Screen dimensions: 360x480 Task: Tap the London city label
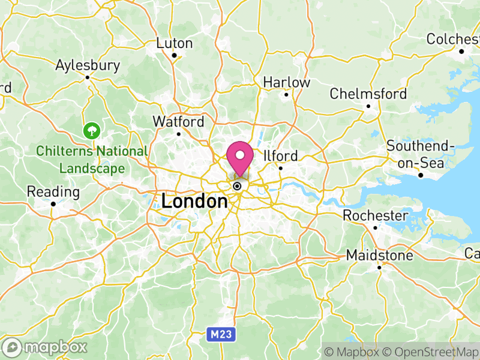click(194, 202)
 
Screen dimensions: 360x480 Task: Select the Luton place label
click(175, 43)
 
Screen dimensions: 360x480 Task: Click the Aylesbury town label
click(88, 65)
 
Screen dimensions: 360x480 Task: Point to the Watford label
click(178, 122)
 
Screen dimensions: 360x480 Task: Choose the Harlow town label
click(287, 82)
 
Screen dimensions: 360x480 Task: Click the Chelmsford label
click(368, 94)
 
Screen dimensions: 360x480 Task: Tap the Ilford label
click(280, 156)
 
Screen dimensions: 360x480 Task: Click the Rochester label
click(376, 215)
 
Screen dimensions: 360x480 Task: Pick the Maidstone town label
click(380, 256)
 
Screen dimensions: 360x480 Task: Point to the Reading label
click(53, 193)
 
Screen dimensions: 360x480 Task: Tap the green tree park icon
click(92, 129)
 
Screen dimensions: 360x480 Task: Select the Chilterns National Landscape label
click(92, 160)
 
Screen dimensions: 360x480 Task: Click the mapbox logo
click(46, 347)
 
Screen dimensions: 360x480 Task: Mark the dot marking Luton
click(174, 56)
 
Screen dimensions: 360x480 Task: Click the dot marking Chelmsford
click(368, 107)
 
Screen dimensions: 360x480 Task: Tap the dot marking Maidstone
click(380, 268)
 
